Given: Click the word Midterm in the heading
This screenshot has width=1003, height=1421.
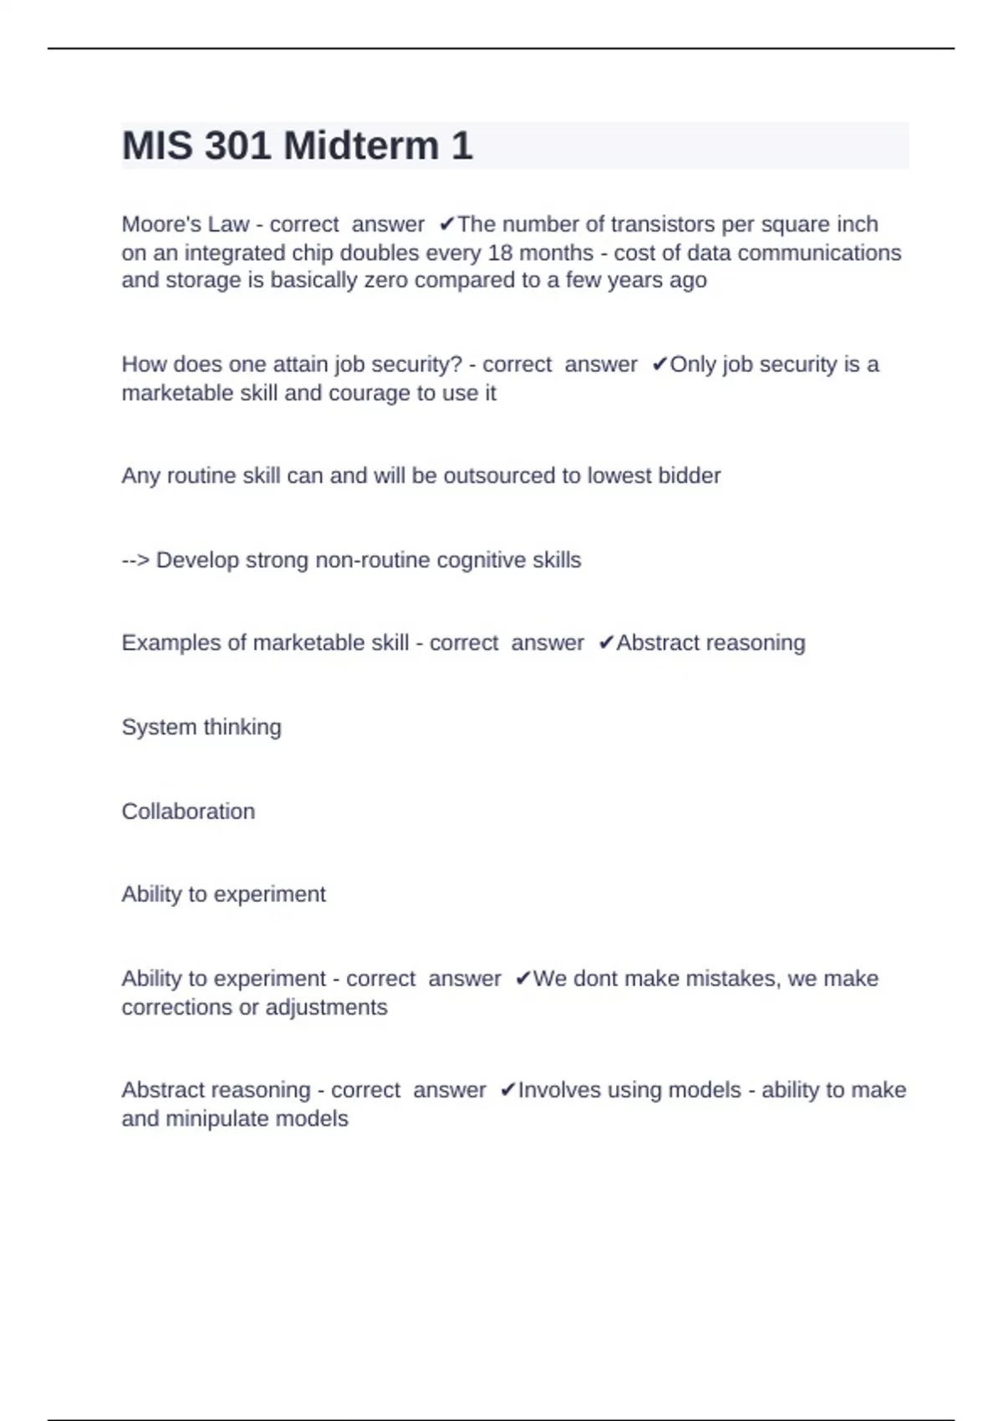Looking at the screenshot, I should (361, 146).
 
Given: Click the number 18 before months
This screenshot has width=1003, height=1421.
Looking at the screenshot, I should (500, 252).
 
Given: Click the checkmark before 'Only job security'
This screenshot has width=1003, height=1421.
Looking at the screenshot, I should (659, 364).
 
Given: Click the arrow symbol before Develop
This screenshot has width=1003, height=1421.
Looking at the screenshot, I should (135, 560).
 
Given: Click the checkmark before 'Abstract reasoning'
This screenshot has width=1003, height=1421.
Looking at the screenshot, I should (606, 643).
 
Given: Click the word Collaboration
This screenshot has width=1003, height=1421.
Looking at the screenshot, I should (188, 812).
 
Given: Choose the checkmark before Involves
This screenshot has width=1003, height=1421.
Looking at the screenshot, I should (507, 1090).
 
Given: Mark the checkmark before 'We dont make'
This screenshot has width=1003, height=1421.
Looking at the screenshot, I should (523, 979).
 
